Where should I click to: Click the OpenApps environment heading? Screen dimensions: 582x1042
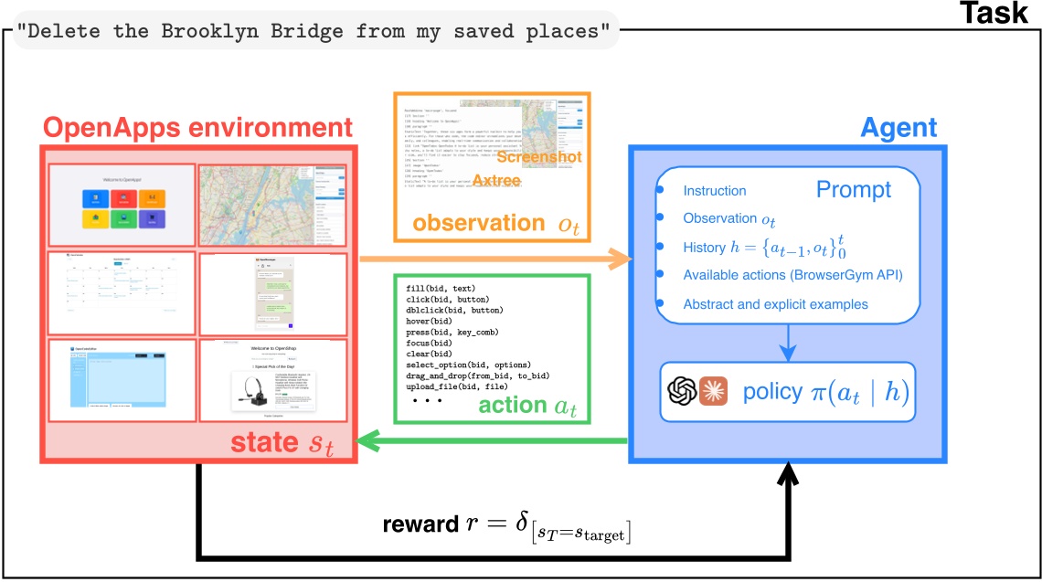pyautogui.click(x=196, y=127)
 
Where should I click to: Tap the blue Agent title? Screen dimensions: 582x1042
pyautogui.click(x=898, y=127)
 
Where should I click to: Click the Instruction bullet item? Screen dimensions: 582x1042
pyautogui.click(x=715, y=191)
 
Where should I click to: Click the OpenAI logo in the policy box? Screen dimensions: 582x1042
pyautogui.click(x=682, y=391)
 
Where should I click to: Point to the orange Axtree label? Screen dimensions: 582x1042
pyautogui.click(x=496, y=181)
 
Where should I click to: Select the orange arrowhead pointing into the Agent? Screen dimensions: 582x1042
pyautogui.click(x=622, y=259)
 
